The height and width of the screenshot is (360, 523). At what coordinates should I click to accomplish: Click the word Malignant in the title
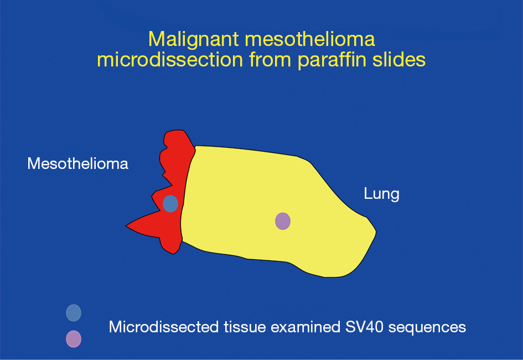[x=194, y=40]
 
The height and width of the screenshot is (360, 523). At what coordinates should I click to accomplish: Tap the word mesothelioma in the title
[x=310, y=39]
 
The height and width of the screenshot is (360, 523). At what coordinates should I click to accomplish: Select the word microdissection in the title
[x=170, y=60]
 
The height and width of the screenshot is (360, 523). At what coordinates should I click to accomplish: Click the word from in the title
[x=270, y=60]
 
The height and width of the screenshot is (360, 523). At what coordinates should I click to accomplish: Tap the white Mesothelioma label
[x=77, y=163]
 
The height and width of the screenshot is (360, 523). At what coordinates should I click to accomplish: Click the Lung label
[x=381, y=194]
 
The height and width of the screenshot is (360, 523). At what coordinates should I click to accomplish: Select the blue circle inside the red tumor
[x=170, y=203]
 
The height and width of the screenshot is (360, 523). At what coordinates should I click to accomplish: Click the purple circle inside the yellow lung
[x=283, y=221]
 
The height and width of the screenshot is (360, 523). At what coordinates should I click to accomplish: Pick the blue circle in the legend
[x=74, y=312]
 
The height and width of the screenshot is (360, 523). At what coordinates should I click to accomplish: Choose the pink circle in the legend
[x=74, y=339]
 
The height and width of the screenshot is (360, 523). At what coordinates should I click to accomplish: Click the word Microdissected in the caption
[x=163, y=327]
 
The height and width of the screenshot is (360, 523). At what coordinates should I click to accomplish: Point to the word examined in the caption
[x=305, y=327]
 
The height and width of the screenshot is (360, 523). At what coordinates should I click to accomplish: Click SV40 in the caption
[x=365, y=327]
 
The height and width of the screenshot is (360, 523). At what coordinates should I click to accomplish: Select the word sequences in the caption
[x=427, y=327]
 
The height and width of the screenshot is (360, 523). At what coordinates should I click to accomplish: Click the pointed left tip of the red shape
[x=126, y=226]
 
